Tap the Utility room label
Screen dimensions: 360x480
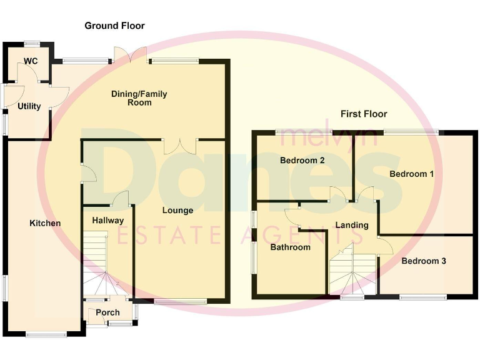(x=29, y=106)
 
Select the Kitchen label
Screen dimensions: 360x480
(x=46, y=223)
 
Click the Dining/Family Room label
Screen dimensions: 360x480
(x=139, y=98)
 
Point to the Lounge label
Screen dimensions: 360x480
(x=177, y=211)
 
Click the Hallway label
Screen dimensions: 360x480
(x=107, y=220)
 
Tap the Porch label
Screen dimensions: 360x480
(x=107, y=312)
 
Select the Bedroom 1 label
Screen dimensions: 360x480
(x=411, y=174)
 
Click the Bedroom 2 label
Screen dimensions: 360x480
(x=302, y=161)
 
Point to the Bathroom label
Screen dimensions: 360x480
(x=290, y=247)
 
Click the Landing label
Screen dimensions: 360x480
(x=352, y=225)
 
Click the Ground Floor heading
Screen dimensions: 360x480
(x=114, y=26)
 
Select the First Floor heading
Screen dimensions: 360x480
(x=364, y=114)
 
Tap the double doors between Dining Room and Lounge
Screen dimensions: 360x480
(x=179, y=146)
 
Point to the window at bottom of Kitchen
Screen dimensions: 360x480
(x=46, y=334)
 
